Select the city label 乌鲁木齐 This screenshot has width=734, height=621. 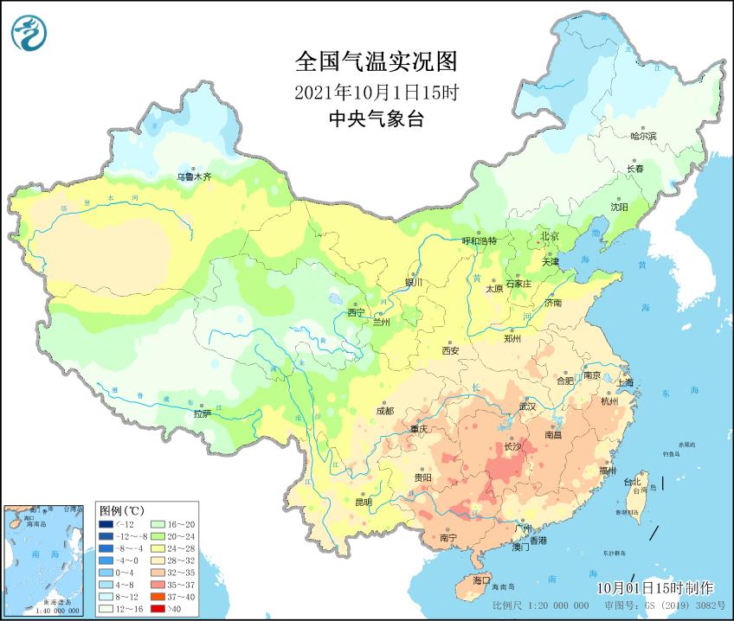194,176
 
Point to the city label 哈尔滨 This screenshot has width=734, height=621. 643,136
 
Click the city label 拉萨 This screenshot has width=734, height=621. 201,414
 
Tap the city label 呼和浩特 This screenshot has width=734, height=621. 480,241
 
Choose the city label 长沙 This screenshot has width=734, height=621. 512,447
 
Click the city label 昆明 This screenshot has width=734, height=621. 363,502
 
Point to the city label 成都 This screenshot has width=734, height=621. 385,411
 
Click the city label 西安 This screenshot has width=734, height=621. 450,350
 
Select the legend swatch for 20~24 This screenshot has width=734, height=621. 158,536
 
